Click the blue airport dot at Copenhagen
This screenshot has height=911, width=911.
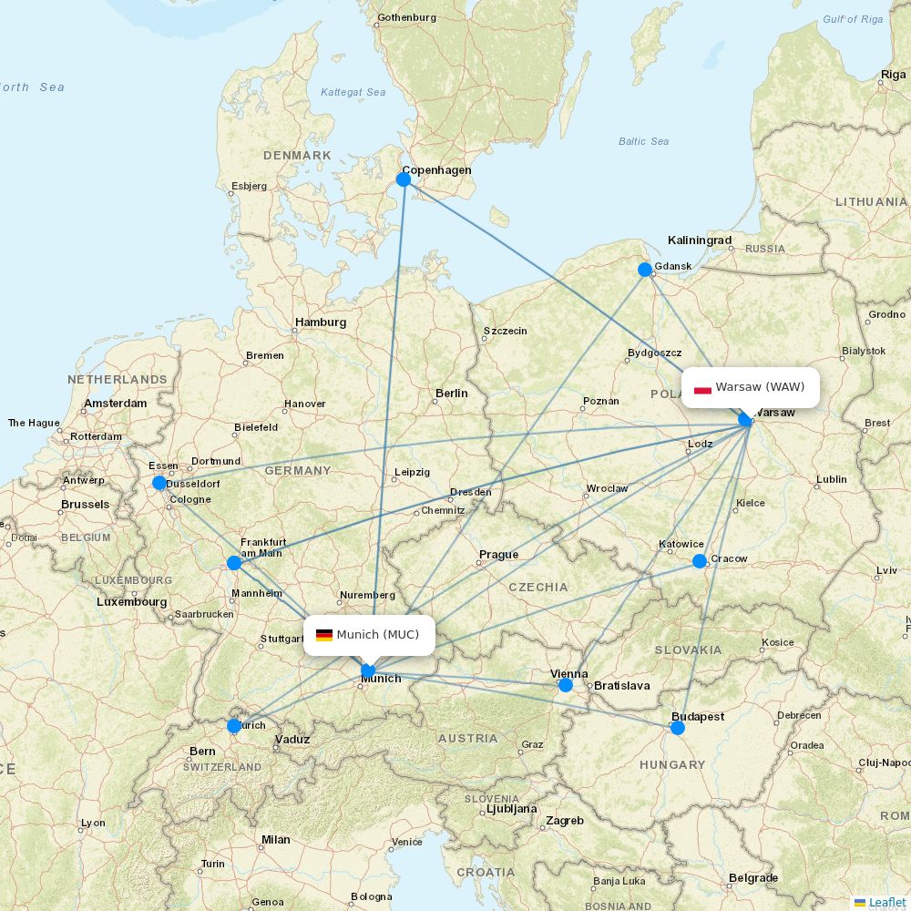pos(404,179)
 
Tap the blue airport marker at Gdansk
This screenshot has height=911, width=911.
pos(645,269)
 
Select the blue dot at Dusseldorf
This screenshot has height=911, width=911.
pos(159,483)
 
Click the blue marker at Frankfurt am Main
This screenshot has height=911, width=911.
pos(234,563)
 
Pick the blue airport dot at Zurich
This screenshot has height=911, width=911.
pos(234,726)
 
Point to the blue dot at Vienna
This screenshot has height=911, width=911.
pos(566,685)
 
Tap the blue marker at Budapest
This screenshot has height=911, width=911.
pos(678,728)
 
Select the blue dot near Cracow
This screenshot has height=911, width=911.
pos(700,561)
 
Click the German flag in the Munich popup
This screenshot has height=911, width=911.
pos(324,635)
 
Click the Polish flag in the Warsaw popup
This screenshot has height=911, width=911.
pos(702,388)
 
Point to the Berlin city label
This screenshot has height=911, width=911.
pos(451,394)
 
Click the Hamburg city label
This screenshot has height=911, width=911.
pos(320,322)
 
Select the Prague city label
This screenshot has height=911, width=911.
pos(498,555)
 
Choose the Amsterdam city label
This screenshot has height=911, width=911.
pos(115,404)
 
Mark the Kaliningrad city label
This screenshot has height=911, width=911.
pos(699,241)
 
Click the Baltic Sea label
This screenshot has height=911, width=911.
pos(643,141)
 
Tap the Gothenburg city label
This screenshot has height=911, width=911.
pos(406,17)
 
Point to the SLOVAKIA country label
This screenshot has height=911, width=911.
pos(688,650)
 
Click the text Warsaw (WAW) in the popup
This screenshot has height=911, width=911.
pos(760,387)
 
